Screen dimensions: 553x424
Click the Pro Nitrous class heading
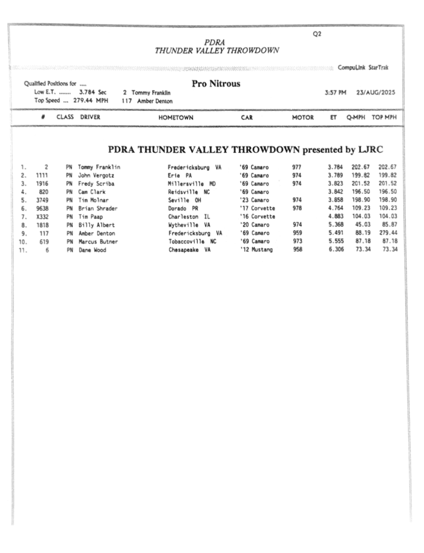click(x=216, y=84)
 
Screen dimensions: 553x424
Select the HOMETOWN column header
click(x=176, y=117)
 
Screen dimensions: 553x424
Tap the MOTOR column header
click(x=302, y=117)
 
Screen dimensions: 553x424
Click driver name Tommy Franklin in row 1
click(x=99, y=167)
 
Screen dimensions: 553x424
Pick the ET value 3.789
click(x=335, y=176)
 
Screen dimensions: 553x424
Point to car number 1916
click(x=42, y=184)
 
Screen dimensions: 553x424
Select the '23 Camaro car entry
click(x=254, y=200)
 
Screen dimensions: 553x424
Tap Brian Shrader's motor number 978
click(x=298, y=208)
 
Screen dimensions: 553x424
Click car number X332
click(x=42, y=217)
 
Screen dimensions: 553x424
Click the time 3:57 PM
click(x=335, y=92)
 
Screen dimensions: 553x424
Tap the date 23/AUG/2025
click(x=375, y=92)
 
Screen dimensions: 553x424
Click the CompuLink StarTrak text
click(x=363, y=68)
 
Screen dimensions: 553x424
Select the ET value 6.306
click(x=335, y=250)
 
